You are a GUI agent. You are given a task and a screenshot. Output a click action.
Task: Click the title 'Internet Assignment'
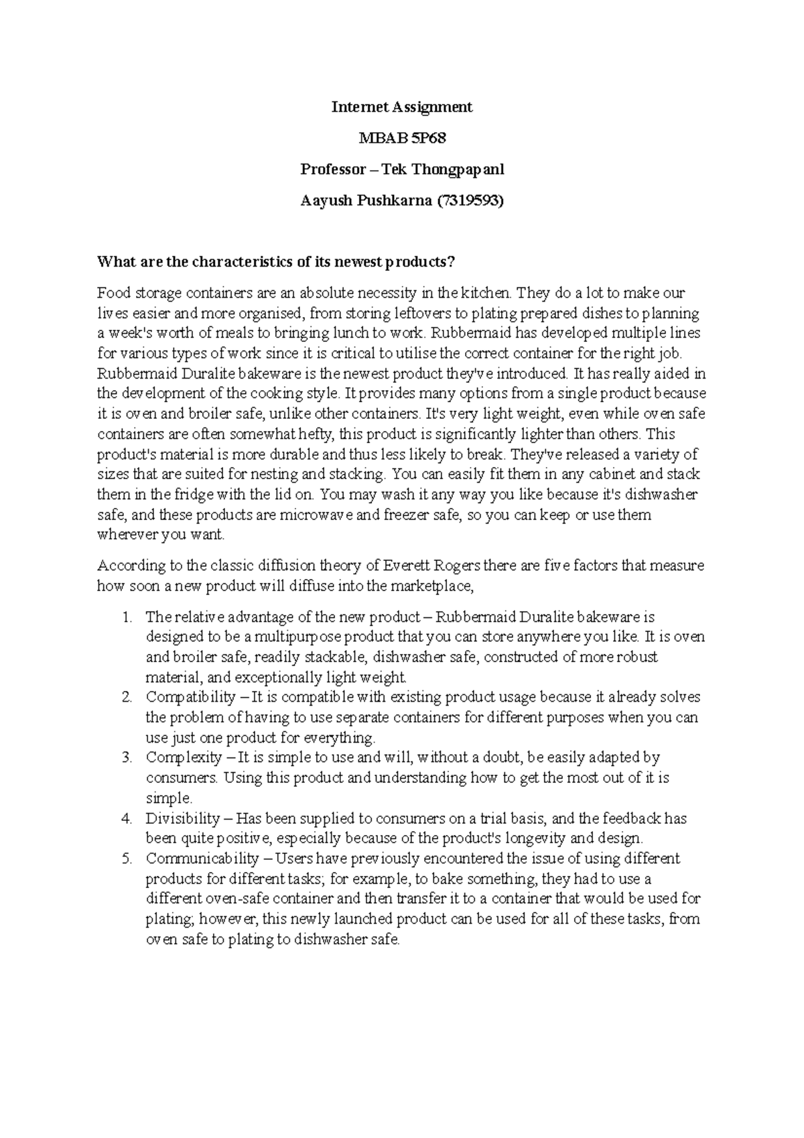[x=402, y=107]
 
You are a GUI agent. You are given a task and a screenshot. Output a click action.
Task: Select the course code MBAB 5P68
[x=402, y=138]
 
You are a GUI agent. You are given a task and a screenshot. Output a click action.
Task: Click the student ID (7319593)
[x=469, y=200]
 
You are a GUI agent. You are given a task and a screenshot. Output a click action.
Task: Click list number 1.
[x=128, y=617]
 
